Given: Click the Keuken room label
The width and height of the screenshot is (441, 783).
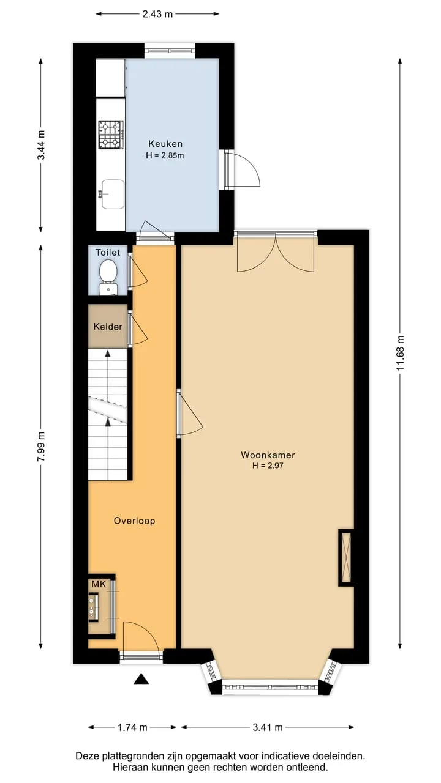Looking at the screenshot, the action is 165,144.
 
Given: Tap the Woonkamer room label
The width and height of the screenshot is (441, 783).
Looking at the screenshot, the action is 268,455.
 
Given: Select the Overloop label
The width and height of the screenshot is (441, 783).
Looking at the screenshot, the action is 134,521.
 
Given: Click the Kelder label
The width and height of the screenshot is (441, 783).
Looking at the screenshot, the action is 108,327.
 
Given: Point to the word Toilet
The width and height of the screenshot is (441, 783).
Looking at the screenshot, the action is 108,253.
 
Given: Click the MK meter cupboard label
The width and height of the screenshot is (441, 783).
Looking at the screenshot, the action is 99,584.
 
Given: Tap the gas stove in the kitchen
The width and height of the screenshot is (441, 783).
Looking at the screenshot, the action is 111,135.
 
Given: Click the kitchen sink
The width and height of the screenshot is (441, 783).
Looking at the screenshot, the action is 112,195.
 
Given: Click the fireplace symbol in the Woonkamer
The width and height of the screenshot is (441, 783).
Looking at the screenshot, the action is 345,557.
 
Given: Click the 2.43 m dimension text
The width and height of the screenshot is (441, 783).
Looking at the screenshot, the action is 157,14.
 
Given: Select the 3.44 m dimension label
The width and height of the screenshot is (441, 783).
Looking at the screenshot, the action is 41,145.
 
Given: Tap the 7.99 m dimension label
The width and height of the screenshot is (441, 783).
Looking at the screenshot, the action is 41,446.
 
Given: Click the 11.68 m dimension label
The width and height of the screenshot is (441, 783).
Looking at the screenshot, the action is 401,354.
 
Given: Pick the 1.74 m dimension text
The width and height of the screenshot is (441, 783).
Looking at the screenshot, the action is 132,727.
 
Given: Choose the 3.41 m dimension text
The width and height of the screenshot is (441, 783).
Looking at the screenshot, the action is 268,727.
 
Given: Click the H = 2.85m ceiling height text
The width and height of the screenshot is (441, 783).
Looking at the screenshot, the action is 165,155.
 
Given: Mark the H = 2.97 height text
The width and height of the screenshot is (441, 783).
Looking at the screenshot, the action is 268,466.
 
